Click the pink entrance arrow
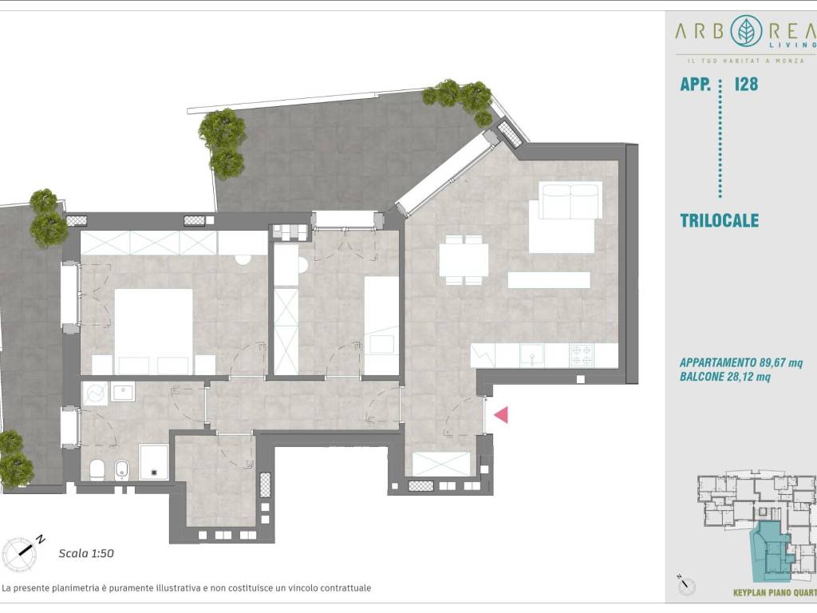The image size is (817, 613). (501, 415)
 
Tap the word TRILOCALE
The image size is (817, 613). (719, 220)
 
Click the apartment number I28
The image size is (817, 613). (746, 85)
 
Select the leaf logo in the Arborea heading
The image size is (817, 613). (746, 31)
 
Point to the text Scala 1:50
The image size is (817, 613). (86, 554)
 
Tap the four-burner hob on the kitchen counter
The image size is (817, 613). (582, 355)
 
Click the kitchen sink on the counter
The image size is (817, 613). (532, 355)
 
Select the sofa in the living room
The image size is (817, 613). (570, 200)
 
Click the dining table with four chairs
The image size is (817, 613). (464, 260)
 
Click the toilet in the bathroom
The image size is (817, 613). (97, 469)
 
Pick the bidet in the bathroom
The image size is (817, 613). (122, 469)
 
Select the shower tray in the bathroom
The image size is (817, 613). (154, 462)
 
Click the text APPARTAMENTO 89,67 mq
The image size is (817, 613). (741, 363)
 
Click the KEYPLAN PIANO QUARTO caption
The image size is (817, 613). (775, 593)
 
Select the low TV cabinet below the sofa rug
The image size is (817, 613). (549, 280)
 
